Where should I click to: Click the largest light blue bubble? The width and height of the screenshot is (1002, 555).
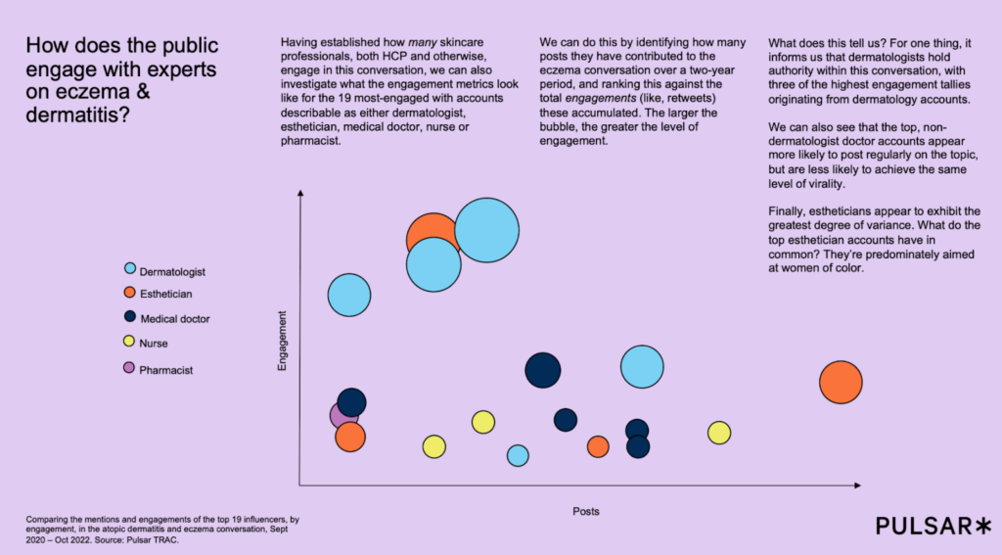click(486, 230)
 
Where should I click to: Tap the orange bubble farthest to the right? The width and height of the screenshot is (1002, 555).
click(841, 382)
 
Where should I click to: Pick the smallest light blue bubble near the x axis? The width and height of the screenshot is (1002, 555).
click(518, 455)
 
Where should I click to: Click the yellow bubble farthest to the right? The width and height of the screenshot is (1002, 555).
click(719, 433)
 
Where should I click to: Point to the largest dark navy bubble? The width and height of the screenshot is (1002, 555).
click(543, 370)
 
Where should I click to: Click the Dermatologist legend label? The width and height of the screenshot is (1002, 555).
click(172, 270)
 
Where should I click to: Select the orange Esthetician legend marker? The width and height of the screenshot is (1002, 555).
click(130, 293)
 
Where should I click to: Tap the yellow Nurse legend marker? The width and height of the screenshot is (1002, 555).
click(130, 343)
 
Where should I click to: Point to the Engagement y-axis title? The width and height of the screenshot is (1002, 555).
click(282, 341)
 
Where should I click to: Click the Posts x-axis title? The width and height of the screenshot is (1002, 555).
click(585, 511)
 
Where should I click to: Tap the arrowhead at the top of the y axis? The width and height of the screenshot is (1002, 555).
click(300, 195)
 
